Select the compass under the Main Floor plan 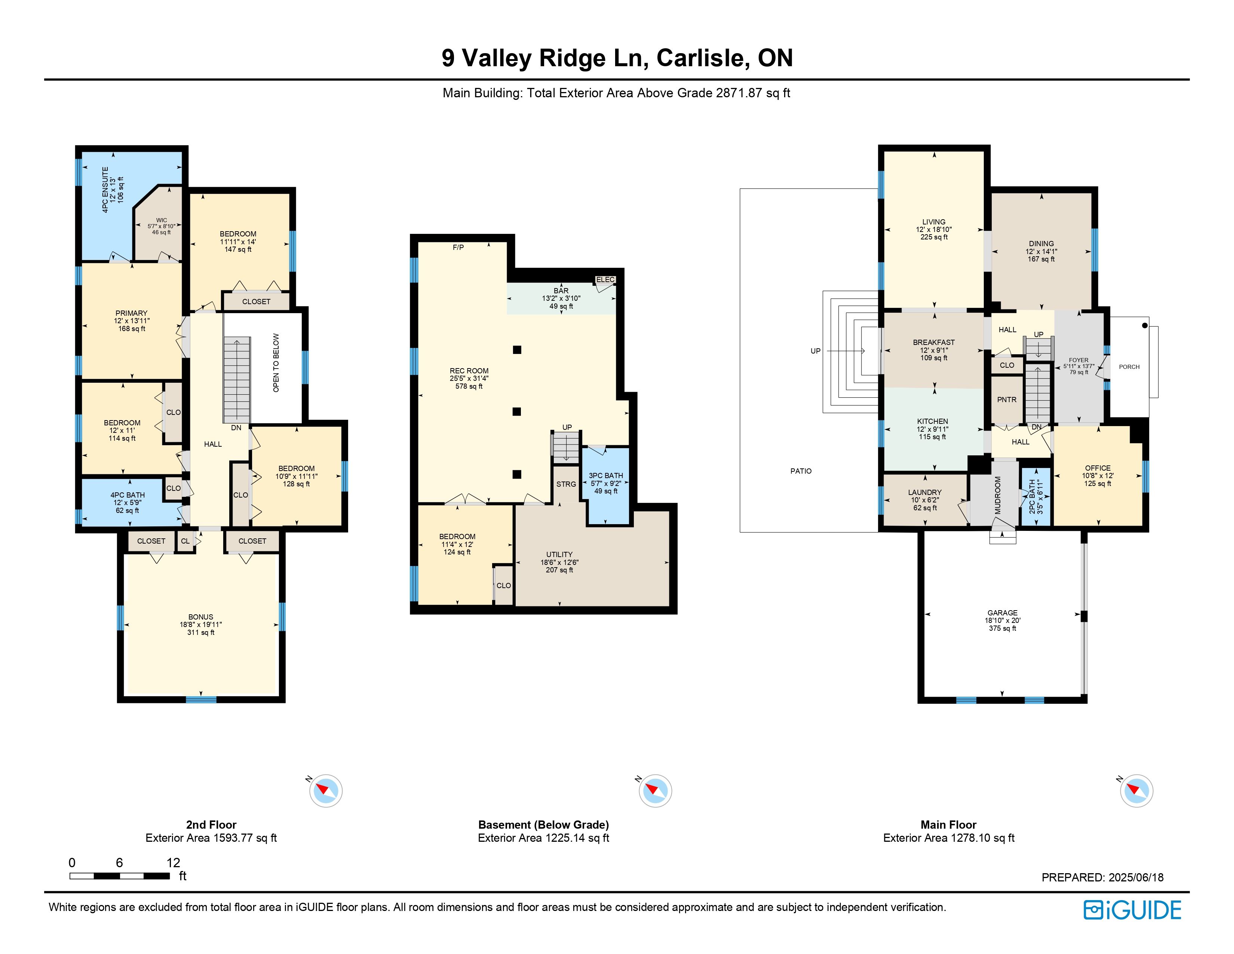pyautogui.click(x=1136, y=790)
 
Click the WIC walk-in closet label pyautogui.click(x=162, y=220)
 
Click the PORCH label pyautogui.click(x=1129, y=367)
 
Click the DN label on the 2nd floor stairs pyautogui.click(x=236, y=428)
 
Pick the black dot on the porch pyautogui.click(x=1145, y=325)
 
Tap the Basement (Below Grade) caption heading pyautogui.click(x=544, y=825)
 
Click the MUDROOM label pyautogui.click(x=998, y=495)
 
